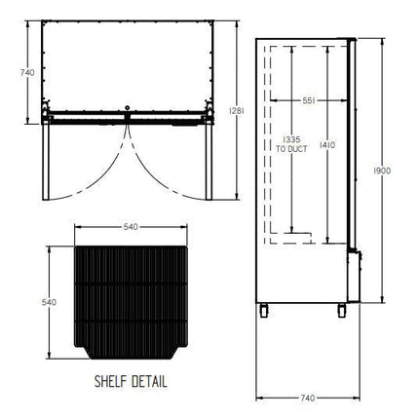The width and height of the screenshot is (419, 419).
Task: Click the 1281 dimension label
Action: [236, 111]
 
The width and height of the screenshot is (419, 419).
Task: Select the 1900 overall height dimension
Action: [382, 171]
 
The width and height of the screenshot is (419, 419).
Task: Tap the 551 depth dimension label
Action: [309, 100]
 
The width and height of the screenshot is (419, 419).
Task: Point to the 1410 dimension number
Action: [327, 145]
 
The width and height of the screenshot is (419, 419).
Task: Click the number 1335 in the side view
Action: [291, 140]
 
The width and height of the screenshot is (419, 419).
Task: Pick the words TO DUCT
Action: [291, 149]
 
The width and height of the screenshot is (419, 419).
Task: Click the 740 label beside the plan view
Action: [27, 72]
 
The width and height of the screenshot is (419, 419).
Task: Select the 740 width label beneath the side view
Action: [307, 398]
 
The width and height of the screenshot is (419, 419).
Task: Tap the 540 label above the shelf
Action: [131, 227]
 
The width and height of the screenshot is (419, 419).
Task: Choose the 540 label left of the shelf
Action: [49, 302]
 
